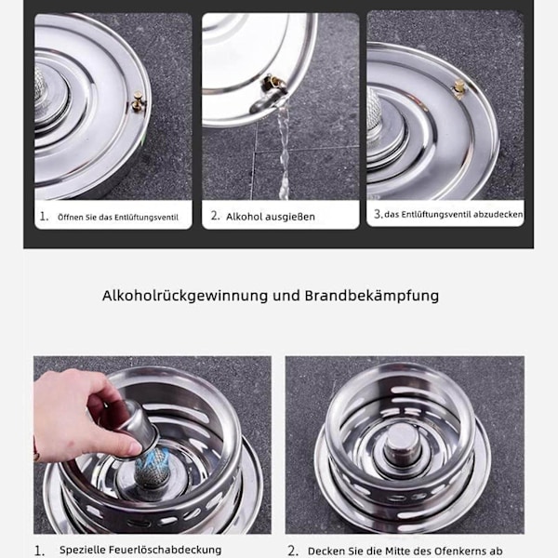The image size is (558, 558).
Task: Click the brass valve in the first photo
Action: tap(138, 101)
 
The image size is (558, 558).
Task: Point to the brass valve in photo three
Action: tap(459, 88)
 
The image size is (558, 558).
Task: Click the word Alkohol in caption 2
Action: tap(244, 217)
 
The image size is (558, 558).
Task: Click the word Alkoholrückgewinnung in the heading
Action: tap(185, 296)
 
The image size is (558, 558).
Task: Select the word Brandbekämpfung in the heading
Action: tap(371, 296)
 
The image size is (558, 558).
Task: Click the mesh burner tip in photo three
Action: tap(374, 111)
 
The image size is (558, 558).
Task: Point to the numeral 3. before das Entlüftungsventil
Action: tap(378, 214)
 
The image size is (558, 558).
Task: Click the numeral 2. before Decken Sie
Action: tap(293, 551)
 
